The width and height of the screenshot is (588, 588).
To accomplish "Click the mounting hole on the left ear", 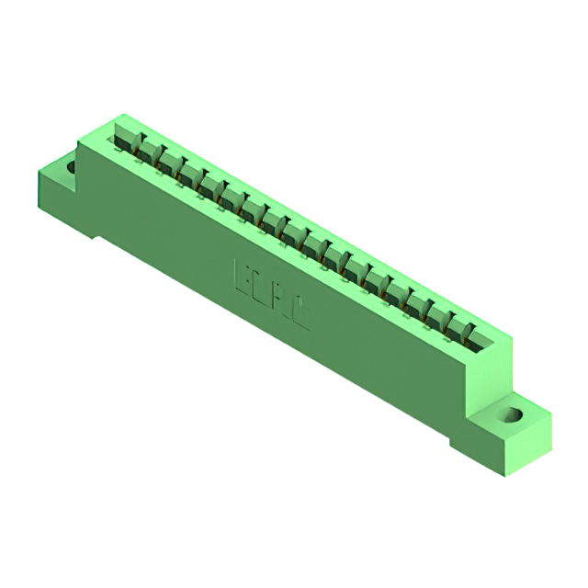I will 70,167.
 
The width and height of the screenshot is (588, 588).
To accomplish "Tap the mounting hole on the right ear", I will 511,414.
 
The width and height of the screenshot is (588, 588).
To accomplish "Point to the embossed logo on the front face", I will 273,295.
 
